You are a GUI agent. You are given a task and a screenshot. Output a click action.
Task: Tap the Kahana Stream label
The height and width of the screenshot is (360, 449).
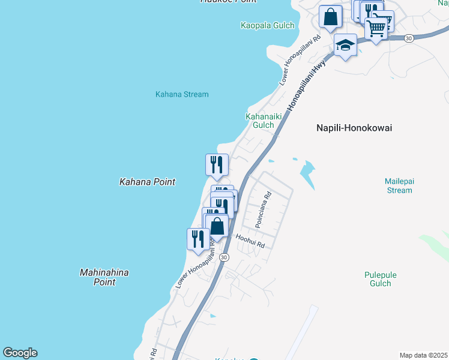(182, 94)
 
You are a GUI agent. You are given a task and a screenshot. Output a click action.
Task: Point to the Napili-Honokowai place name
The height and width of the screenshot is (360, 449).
(354, 128)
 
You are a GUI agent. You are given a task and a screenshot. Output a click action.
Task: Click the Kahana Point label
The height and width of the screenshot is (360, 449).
(147, 181)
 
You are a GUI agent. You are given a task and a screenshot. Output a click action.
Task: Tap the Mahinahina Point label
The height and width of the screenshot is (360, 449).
(104, 277)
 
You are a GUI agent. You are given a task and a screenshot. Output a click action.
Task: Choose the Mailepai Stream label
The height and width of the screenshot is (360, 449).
(399, 185)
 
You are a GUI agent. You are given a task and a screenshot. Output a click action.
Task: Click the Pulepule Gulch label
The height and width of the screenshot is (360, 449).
(381, 279)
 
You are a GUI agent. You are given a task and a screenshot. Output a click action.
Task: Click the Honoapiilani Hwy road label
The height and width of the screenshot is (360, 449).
(306, 84)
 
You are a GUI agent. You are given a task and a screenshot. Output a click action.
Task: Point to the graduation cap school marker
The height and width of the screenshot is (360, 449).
(345, 45)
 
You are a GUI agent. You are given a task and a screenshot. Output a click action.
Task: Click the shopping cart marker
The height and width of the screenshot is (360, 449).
(376, 27)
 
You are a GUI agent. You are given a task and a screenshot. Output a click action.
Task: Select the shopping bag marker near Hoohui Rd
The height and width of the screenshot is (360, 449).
(217, 226)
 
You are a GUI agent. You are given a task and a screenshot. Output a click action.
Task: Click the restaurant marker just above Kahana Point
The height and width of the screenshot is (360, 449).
(217, 164)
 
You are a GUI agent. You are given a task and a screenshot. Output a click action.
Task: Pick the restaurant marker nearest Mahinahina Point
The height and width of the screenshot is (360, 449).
(198, 239)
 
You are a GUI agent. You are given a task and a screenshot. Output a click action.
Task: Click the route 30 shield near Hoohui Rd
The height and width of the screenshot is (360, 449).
(224, 257)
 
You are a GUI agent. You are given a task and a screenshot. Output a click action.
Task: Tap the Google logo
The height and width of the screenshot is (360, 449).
(20, 353)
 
